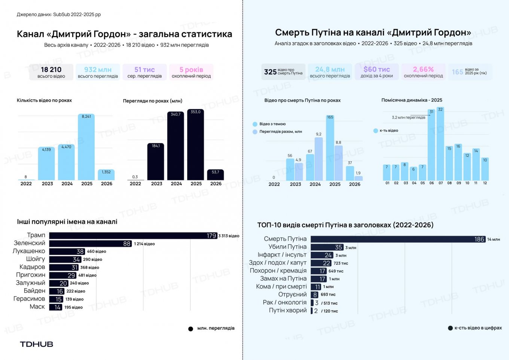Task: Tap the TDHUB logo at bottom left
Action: click(x=36, y=344)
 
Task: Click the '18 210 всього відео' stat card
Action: click(x=51, y=72)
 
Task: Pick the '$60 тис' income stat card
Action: click(x=377, y=72)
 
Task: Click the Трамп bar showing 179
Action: click(x=133, y=235)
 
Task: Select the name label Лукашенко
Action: click(x=29, y=251)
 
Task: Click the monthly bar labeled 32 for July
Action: click(x=440, y=144)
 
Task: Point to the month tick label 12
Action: click(x=485, y=183)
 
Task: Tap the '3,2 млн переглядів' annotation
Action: click(x=408, y=118)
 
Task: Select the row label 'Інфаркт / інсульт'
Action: click(x=282, y=255)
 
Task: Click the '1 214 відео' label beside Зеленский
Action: click(x=144, y=244)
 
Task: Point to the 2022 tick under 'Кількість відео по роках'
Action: click(x=26, y=184)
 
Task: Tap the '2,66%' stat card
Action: click(x=423, y=72)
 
